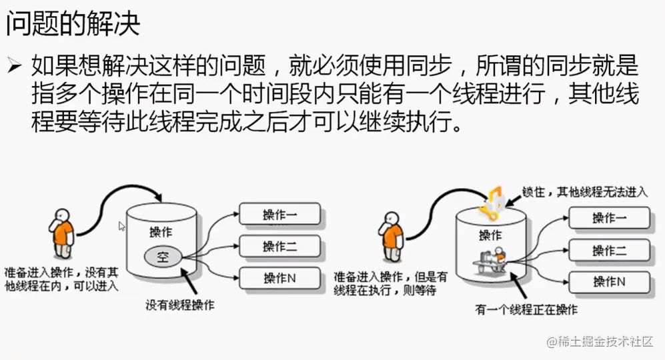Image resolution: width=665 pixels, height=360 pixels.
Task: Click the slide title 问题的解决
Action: pyautogui.click(x=73, y=24)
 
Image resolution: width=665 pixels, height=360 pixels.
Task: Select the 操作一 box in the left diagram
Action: pyautogui.click(x=280, y=215)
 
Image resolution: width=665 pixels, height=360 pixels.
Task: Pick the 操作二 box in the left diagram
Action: pyautogui.click(x=280, y=246)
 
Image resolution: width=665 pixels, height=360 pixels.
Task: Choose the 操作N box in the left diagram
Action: pyautogui.click(x=280, y=278)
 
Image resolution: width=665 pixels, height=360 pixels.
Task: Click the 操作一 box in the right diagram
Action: pyautogui.click(x=609, y=218)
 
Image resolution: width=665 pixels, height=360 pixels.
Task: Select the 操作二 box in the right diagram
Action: pyautogui.click(x=609, y=250)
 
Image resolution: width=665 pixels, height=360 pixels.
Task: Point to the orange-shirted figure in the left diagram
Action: pyautogui.click(x=62, y=233)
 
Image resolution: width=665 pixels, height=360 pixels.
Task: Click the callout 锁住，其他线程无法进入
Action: pyautogui.click(x=585, y=192)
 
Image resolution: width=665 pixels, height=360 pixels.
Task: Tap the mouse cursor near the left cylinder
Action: pyautogui.click(x=122, y=226)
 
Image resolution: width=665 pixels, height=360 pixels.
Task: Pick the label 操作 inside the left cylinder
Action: pyautogui.click(x=160, y=233)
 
